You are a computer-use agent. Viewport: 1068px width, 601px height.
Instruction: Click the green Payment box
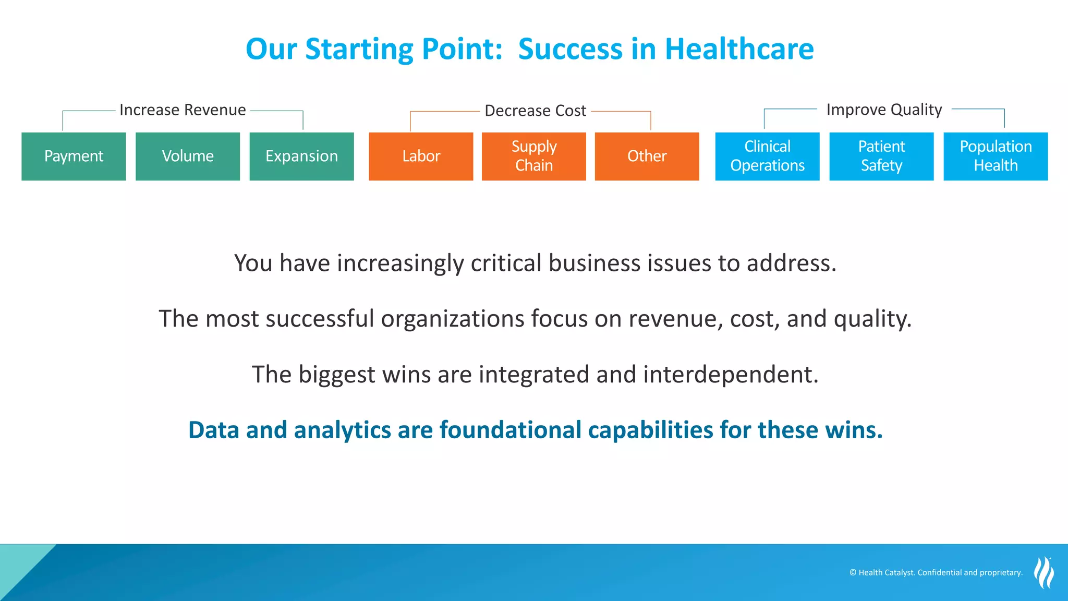point(74,156)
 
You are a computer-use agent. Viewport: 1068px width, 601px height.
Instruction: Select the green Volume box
point(188,156)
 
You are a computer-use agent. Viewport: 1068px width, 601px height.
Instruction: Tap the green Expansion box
point(301,156)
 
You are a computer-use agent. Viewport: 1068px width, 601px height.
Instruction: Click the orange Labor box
point(421,156)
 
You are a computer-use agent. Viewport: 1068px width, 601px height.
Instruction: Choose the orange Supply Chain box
point(533,156)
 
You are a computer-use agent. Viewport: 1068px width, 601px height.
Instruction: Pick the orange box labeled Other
point(647,156)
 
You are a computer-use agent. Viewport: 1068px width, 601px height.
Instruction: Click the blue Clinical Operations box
point(767,156)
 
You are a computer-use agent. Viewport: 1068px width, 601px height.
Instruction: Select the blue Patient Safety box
point(881,156)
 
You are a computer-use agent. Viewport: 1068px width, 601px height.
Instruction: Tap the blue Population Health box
point(996,156)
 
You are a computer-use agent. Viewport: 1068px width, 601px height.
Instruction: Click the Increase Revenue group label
point(183,110)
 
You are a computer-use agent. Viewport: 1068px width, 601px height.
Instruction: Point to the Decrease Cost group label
point(535,111)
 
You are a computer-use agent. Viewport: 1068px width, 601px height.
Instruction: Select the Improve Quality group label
point(884,110)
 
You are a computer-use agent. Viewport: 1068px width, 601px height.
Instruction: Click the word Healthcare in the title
point(739,49)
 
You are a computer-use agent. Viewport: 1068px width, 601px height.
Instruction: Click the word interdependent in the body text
point(731,375)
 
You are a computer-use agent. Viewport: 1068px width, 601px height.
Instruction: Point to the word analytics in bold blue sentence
point(342,430)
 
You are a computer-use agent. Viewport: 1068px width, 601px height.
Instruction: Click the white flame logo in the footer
point(1043,572)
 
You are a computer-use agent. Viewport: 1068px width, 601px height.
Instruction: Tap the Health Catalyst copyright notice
point(936,572)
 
